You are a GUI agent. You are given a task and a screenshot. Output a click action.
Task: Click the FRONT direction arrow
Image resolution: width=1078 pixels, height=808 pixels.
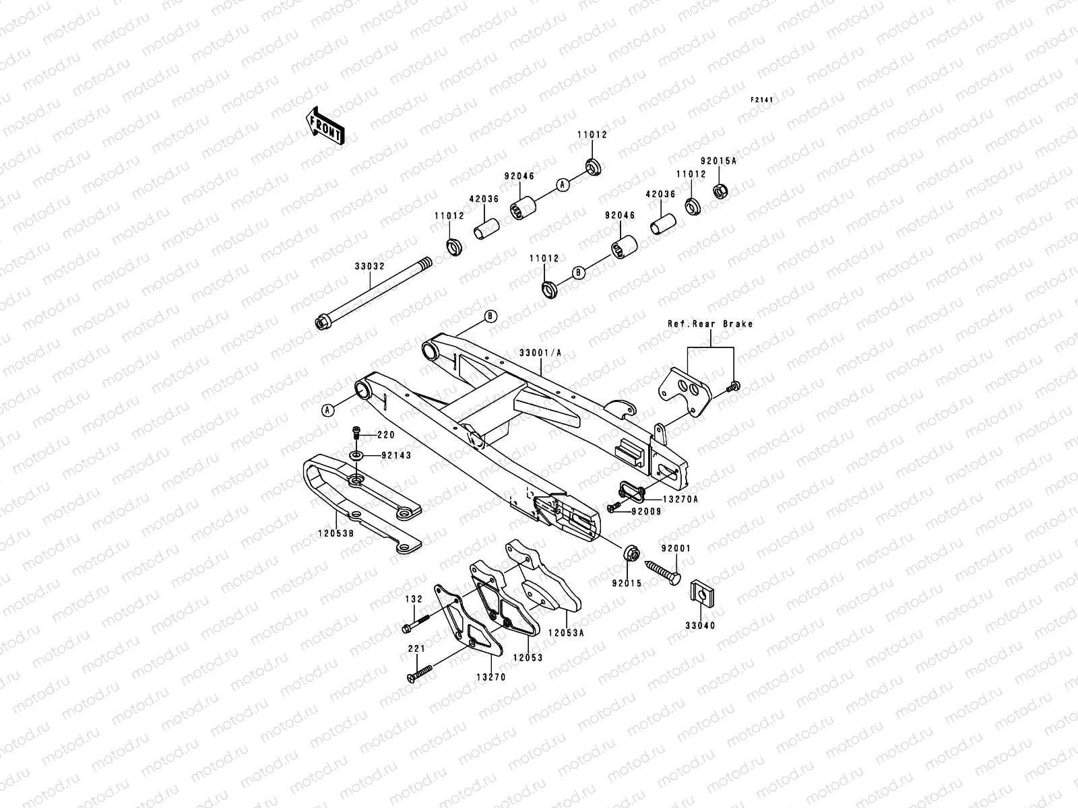[326, 126]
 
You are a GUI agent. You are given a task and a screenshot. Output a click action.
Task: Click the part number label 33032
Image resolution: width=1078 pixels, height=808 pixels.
[369, 266]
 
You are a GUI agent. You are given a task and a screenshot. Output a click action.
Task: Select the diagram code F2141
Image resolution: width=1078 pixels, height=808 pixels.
[763, 100]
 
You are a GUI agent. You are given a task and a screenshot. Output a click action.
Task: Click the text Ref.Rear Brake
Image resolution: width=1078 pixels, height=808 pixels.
[710, 324]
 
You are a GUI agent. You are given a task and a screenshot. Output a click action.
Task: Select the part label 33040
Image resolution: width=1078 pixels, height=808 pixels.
[701, 626]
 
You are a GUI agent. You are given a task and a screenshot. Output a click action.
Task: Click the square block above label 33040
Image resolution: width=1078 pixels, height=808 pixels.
[701, 595]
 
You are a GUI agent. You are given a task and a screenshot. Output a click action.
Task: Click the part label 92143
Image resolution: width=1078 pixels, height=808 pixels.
[396, 455]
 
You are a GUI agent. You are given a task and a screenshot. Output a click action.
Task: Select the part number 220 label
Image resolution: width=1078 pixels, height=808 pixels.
[386, 435]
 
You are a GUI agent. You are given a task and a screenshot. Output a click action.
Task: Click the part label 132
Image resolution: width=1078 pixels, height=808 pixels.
[413, 598]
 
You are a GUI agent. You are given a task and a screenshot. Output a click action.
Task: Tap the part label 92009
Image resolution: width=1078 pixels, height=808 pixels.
[646, 512]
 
